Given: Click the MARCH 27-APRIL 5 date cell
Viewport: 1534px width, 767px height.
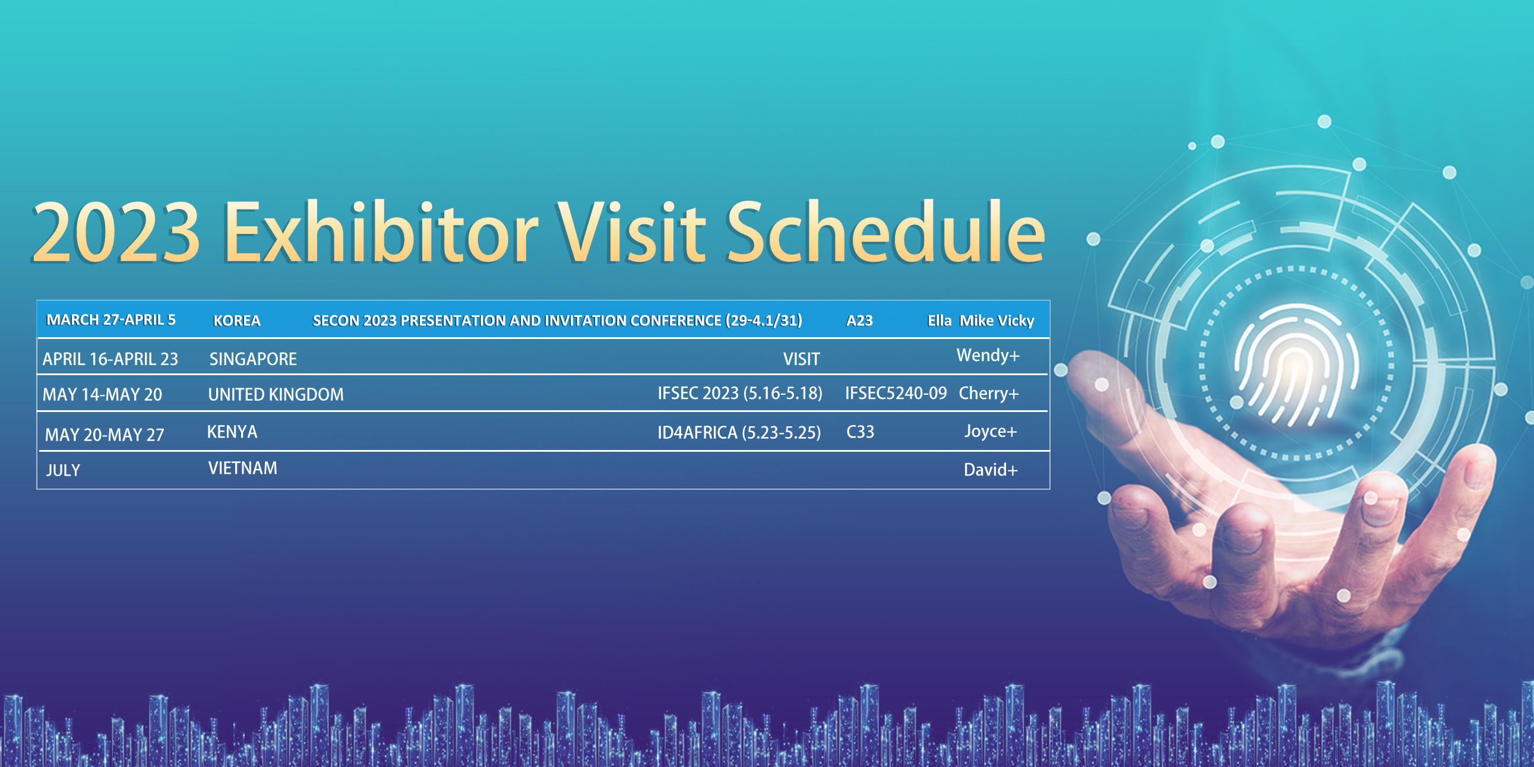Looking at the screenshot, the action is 111,320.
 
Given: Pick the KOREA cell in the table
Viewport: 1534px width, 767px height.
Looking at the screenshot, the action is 237,321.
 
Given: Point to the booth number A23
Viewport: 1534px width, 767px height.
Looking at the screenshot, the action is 859,321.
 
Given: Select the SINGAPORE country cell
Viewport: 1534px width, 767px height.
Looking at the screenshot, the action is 253,359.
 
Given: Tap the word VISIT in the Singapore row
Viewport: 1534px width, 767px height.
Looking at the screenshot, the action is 802,359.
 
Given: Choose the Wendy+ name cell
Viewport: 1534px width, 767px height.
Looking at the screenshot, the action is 988,356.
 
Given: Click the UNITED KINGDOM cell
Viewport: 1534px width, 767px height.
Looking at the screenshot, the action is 276,394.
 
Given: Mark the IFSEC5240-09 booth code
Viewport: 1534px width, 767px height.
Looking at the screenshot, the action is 896,393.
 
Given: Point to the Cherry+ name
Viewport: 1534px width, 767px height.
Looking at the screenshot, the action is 989,394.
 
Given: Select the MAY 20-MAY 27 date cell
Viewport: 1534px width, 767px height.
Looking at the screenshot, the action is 104,435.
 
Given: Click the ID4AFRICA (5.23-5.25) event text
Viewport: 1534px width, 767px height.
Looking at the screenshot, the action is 739,432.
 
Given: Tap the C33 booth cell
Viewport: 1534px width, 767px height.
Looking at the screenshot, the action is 860,432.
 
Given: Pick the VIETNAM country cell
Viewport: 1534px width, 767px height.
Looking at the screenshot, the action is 242,468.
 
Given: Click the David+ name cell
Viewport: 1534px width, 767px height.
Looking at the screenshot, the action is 991,470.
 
